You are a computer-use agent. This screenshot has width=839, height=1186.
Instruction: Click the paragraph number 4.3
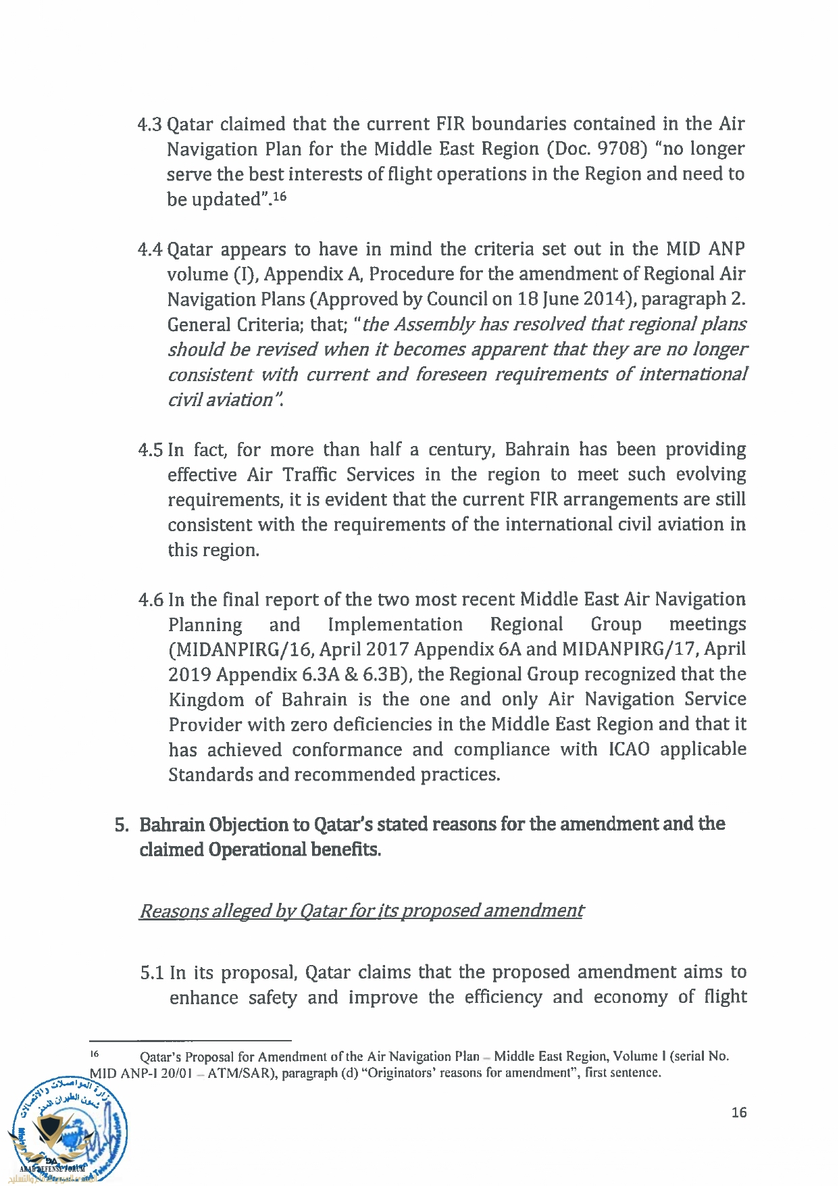tap(150, 125)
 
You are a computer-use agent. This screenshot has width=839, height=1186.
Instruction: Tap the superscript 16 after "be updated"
tap(280, 197)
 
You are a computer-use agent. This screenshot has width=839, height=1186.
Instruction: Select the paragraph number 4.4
tap(150, 250)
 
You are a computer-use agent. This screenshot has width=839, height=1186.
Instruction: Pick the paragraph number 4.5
tap(151, 450)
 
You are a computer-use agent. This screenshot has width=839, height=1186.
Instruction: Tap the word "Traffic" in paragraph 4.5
tap(309, 475)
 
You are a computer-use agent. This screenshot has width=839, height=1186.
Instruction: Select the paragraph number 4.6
tap(151, 600)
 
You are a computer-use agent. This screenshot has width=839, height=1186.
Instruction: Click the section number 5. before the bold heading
tap(122, 825)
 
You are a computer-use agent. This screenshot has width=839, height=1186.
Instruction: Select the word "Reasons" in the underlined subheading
tap(173, 912)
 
